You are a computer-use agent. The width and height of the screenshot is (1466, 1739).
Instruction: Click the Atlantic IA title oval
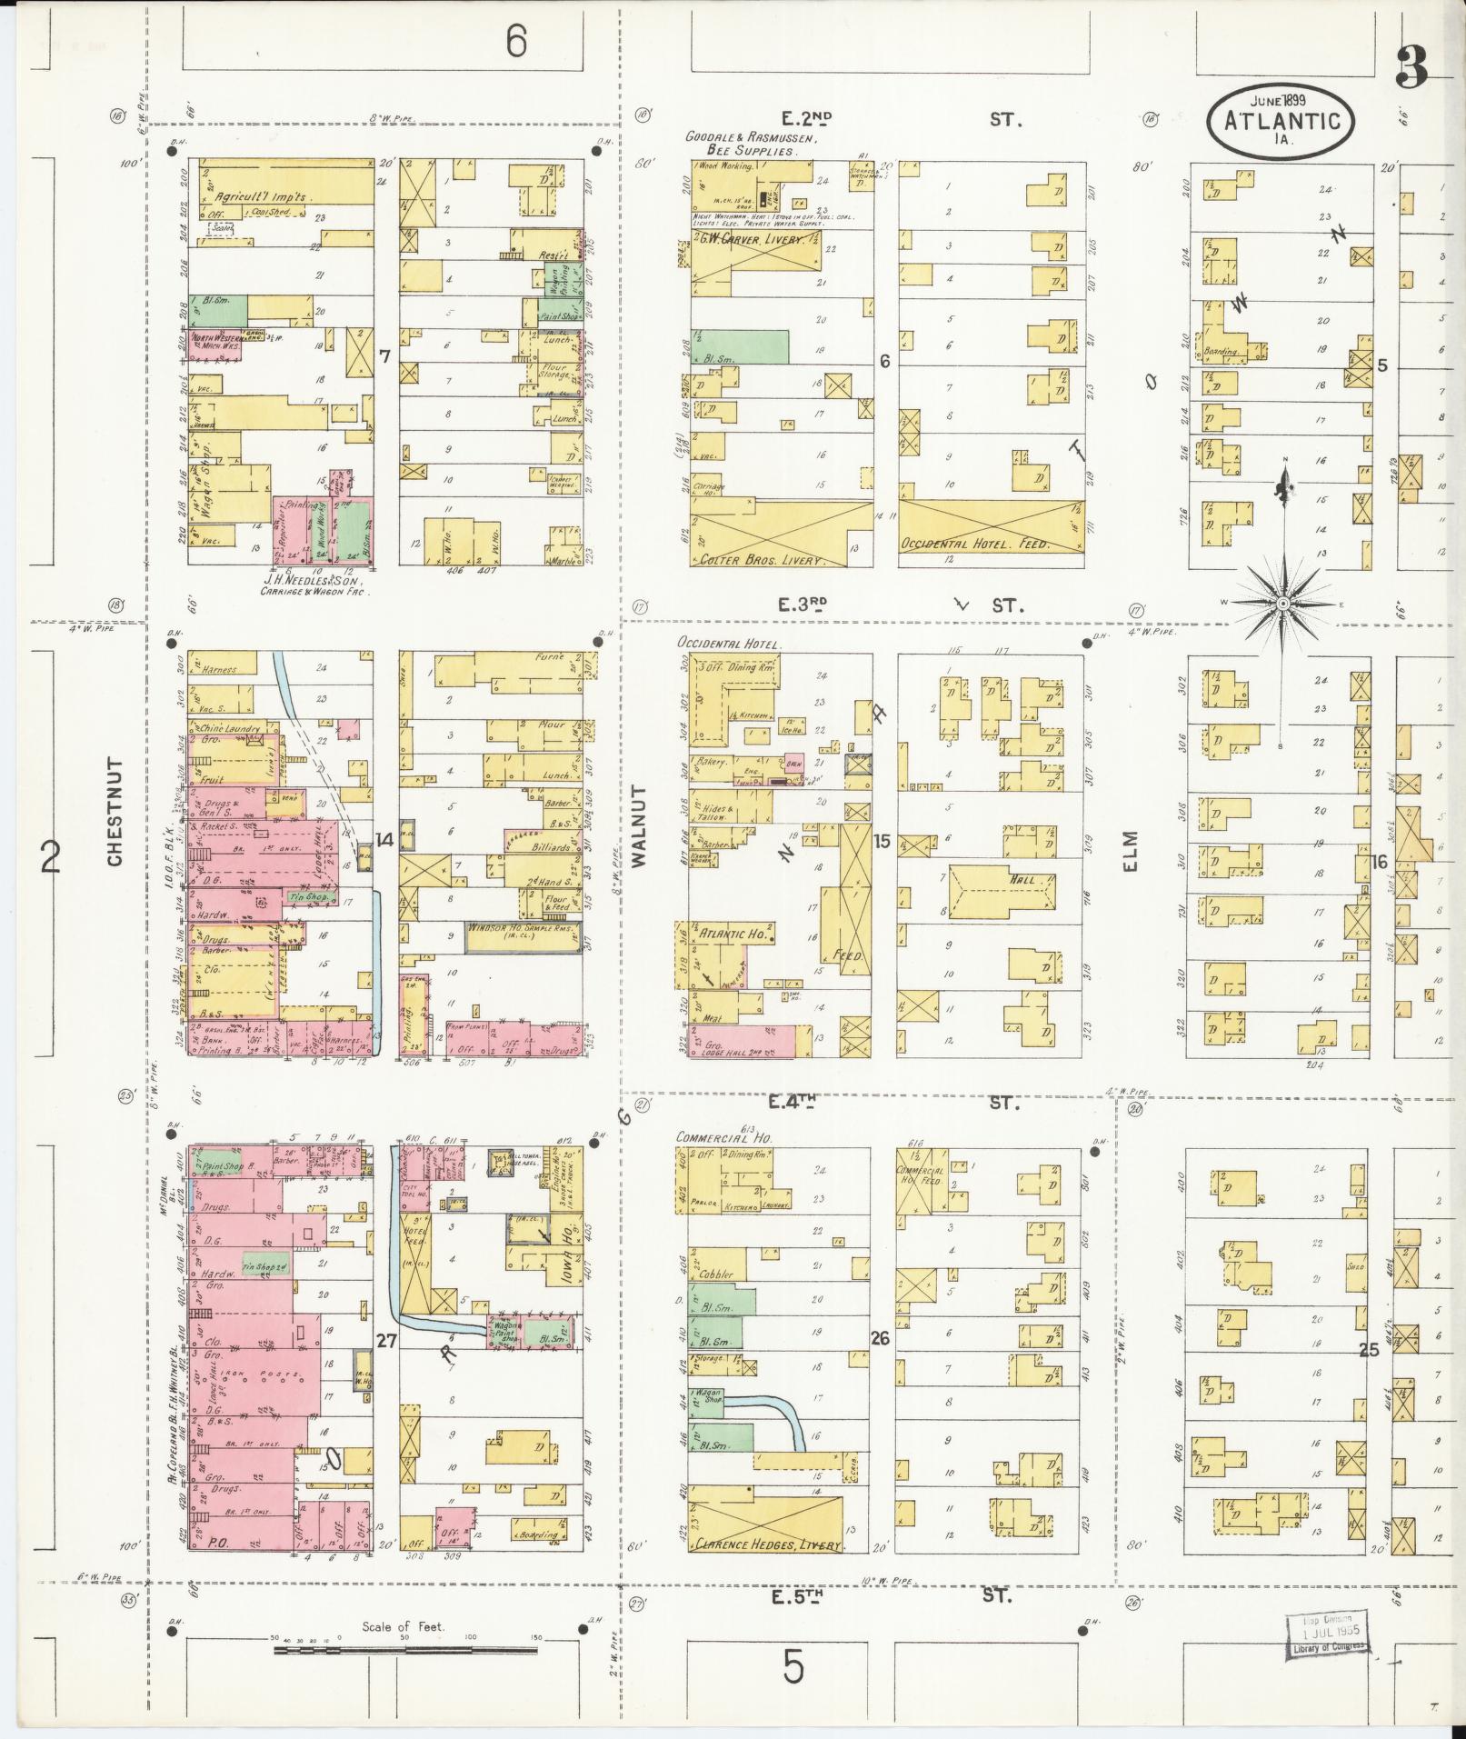1281,121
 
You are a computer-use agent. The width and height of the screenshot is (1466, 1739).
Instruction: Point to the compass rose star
1282,604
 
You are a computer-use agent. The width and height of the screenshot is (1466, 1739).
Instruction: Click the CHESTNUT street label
114,813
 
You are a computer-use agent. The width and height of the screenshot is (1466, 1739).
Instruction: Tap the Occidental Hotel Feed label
974,544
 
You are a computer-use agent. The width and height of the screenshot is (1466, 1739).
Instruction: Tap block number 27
386,1340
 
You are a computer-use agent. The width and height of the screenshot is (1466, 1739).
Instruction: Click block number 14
385,840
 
